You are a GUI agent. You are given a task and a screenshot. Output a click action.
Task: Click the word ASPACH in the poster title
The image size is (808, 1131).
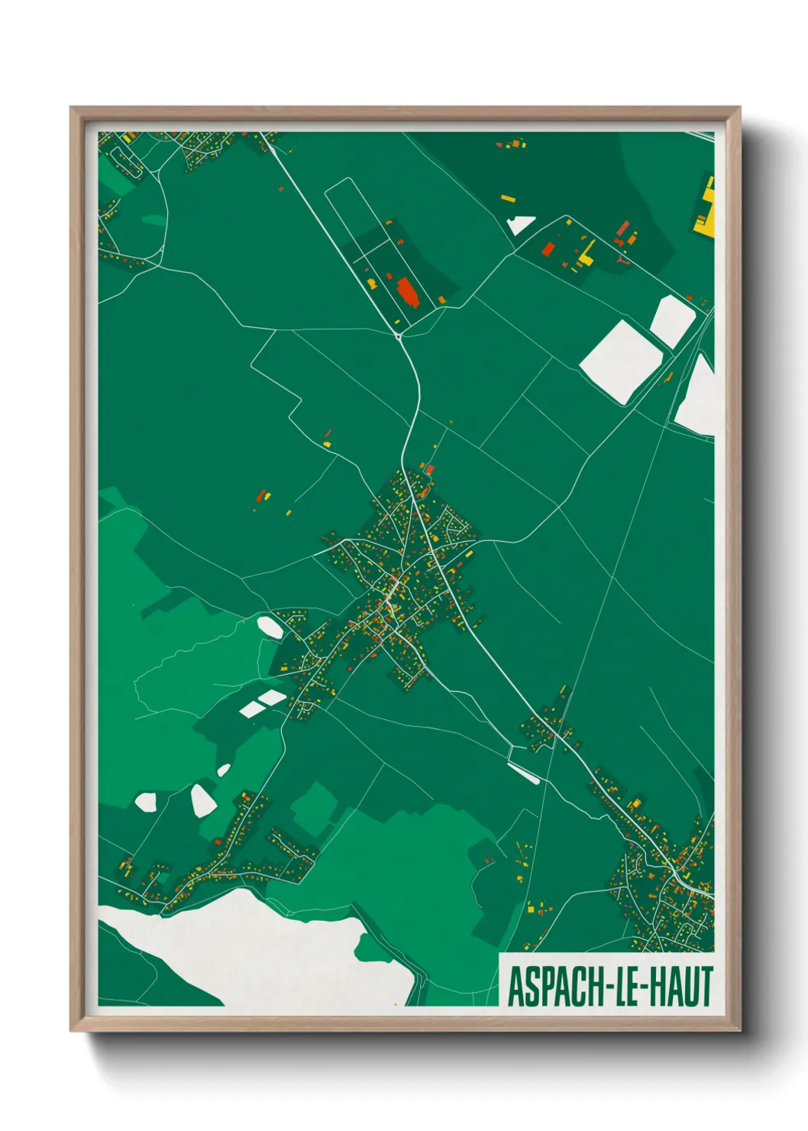pyautogui.click(x=555, y=987)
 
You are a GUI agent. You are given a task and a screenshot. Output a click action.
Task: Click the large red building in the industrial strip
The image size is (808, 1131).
pyautogui.click(x=407, y=292)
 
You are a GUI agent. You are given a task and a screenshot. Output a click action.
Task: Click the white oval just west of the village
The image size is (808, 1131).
pyautogui.click(x=270, y=627)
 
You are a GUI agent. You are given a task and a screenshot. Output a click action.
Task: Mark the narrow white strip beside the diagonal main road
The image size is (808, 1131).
pyautogui.click(x=525, y=773)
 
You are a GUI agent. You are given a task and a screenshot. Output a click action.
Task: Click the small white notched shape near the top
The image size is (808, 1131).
pyautogui.click(x=521, y=224)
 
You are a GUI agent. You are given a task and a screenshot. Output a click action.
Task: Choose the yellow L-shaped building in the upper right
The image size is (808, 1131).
pyautogui.click(x=586, y=254)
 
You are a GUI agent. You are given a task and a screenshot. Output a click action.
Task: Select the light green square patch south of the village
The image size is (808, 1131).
pyautogui.click(x=314, y=807)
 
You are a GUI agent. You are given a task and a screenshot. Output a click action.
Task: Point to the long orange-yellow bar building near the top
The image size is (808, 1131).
pyautogui.click(x=508, y=199)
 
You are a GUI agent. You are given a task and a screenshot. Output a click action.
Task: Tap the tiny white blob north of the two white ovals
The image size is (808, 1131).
pyautogui.click(x=223, y=770)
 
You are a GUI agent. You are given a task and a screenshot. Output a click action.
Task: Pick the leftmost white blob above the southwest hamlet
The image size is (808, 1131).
pyautogui.click(x=145, y=802)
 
